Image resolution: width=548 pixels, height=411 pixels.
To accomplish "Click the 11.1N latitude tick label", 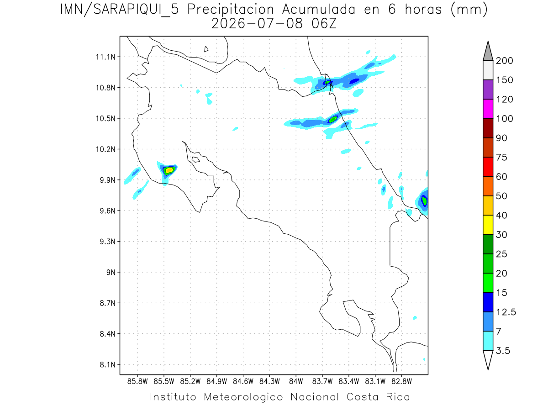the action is point(105,57).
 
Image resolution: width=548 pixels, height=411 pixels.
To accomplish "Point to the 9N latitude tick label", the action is point(111,272).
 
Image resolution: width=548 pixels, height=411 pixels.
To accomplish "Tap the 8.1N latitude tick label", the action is point(107,364).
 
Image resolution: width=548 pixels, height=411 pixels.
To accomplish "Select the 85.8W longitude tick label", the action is point(137,381).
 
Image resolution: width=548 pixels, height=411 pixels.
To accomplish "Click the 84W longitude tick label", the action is point(296,381).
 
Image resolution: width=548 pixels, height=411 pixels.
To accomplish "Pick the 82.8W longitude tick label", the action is point(401,381).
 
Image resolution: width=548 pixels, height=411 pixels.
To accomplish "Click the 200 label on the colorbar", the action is point(504,61).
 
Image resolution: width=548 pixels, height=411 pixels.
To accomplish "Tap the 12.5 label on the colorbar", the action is point(506,312).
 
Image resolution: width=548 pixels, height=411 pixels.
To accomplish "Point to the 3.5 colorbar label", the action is point(503,351).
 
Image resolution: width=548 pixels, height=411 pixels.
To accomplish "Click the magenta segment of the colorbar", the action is point(488,109).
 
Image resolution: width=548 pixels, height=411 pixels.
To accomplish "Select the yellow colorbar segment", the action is point(488,225).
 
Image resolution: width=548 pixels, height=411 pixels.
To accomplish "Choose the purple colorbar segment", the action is point(488,90).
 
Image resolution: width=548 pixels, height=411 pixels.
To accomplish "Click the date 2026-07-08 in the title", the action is point(257,24).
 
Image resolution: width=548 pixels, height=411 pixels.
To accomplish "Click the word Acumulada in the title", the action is point(319,10).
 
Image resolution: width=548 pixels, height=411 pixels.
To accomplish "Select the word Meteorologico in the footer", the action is point(243,397).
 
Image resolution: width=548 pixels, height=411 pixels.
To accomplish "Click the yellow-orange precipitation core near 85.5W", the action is point(169,170).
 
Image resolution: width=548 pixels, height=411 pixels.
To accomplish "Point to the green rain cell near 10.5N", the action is point(333,119).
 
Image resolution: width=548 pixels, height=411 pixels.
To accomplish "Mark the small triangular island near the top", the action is point(205,49).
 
